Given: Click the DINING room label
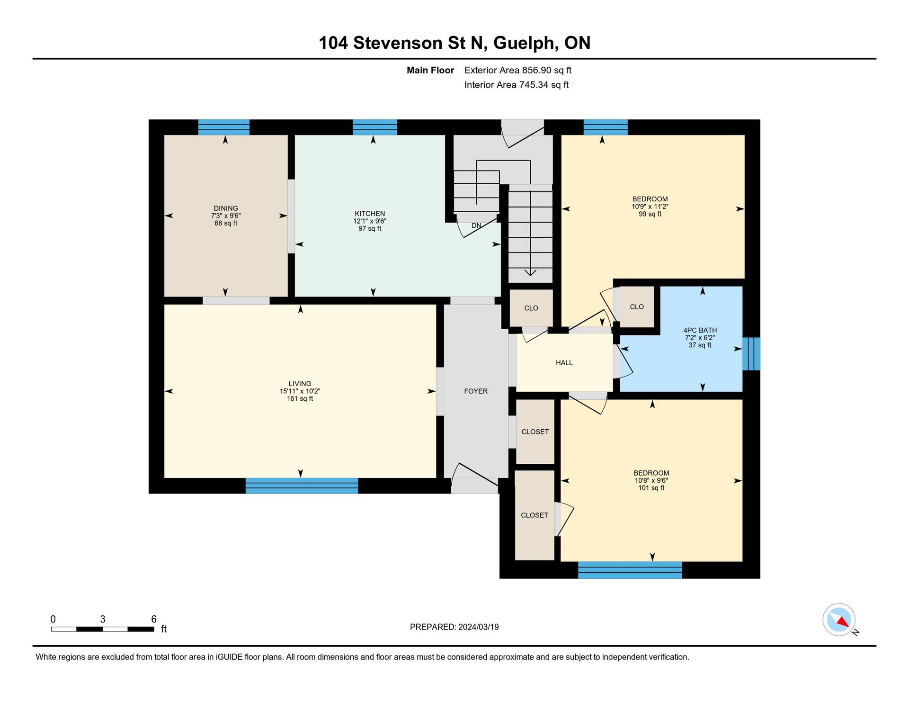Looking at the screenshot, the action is (x=226, y=208).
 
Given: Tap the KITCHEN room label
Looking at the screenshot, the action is (x=370, y=214).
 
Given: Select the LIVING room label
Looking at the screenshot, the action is (x=300, y=384).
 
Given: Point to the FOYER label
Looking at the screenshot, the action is (x=476, y=391).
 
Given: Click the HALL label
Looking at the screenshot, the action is (x=564, y=363).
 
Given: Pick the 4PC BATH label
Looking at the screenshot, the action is (x=700, y=330).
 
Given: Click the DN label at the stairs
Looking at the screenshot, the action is (x=477, y=225).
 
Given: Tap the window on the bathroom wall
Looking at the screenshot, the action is (x=751, y=354).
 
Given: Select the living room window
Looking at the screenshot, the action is (x=302, y=486).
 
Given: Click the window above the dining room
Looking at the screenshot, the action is (x=224, y=127).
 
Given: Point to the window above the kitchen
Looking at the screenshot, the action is (x=375, y=127).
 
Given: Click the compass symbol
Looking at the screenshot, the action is (x=839, y=620).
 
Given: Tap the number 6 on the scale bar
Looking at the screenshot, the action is (x=154, y=619).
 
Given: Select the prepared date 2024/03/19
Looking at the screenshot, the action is (x=479, y=627).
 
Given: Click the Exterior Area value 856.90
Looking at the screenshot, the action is (x=537, y=70).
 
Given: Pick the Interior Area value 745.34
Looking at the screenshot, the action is (x=534, y=85).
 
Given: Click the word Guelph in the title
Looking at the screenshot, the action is (x=524, y=44).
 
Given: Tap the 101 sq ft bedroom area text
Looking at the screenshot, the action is (x=651, y=488).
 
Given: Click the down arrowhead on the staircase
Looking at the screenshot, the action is (x=530, y=272).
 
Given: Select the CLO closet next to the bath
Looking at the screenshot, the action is (x=637, y=307).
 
